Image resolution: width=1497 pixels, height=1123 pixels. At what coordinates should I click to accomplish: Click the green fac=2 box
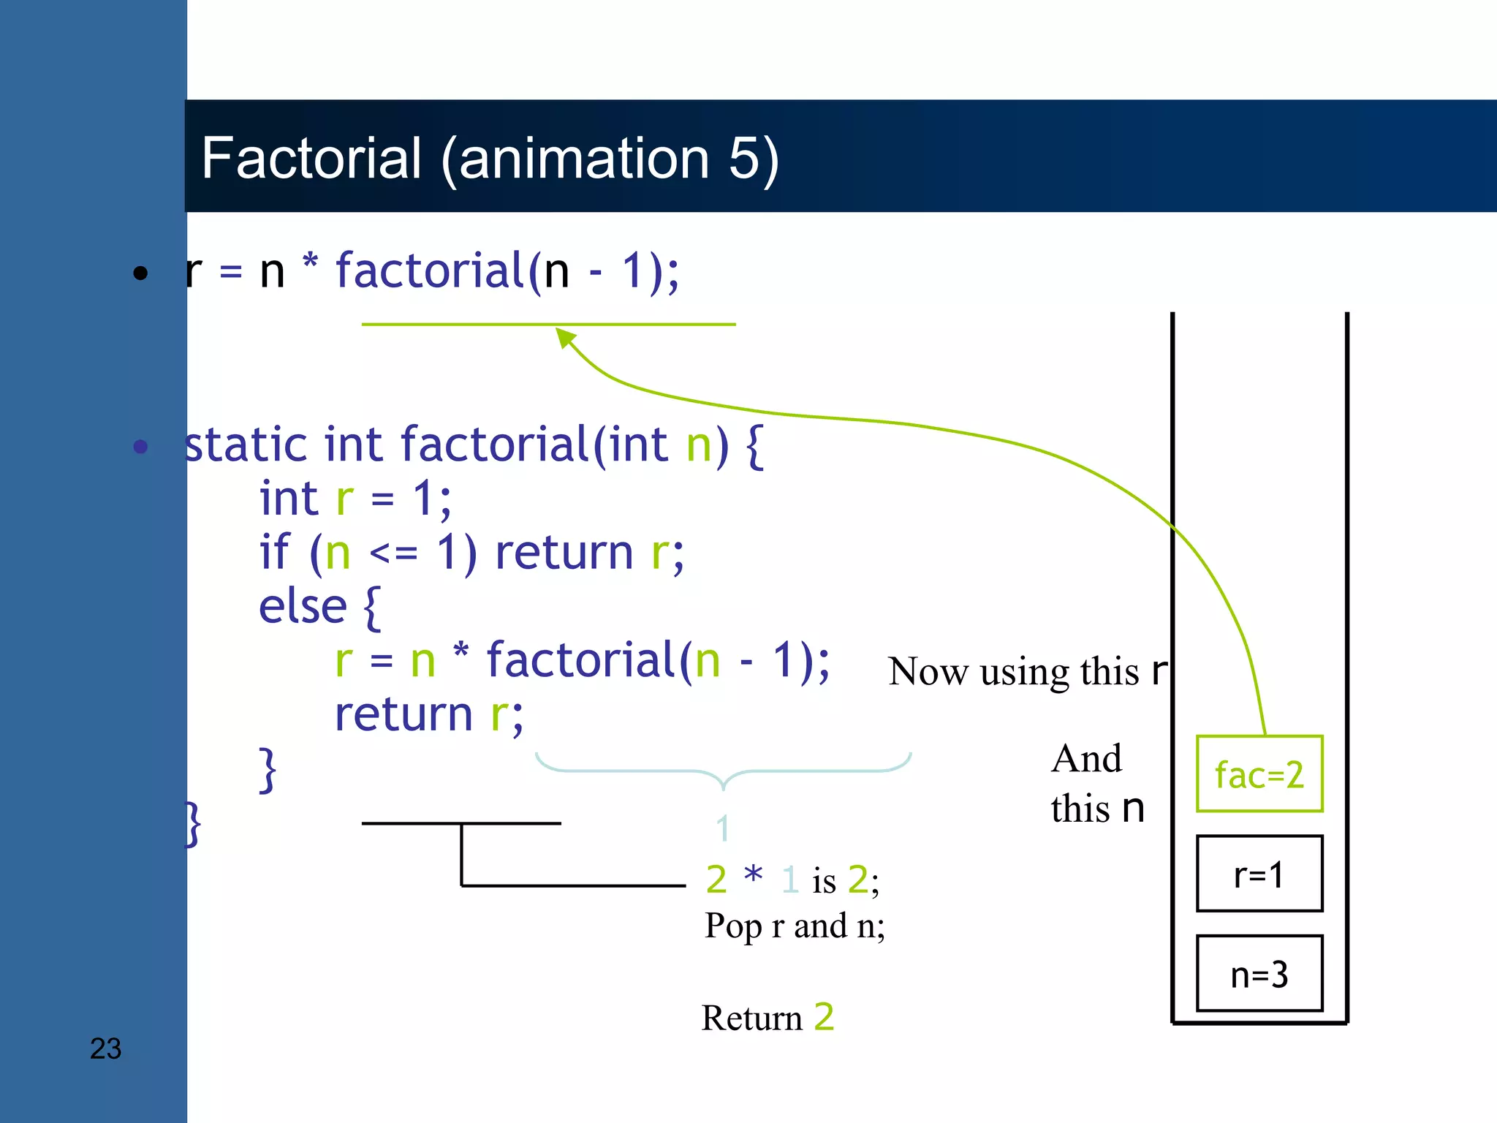(1259, 774)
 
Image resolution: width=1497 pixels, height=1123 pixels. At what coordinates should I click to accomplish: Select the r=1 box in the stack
(1259, 874)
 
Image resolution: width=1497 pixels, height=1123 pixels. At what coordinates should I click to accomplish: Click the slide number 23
(105, 1048)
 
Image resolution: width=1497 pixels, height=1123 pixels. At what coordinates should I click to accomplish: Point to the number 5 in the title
(744, 158)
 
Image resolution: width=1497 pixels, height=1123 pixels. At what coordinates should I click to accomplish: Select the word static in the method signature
(246, 445)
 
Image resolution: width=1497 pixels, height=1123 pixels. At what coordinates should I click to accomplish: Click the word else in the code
(303, 606)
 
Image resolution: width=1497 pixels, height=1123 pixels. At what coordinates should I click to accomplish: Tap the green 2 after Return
(824, 1016)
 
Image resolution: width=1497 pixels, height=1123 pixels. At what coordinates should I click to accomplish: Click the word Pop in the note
(733, 926)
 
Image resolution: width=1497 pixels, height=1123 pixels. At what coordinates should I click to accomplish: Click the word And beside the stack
(1086, 758)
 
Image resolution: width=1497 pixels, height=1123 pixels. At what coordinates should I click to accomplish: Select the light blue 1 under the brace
(722, 828)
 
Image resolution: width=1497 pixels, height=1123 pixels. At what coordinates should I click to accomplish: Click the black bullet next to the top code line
(140, 273)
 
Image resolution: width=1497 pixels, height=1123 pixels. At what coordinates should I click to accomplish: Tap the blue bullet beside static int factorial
(140, 446)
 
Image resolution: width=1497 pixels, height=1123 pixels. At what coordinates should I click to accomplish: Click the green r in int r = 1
(344, 499)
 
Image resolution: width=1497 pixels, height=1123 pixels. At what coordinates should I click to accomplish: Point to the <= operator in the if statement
(393, 553)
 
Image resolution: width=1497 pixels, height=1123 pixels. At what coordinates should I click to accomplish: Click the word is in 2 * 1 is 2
(824, 880)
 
